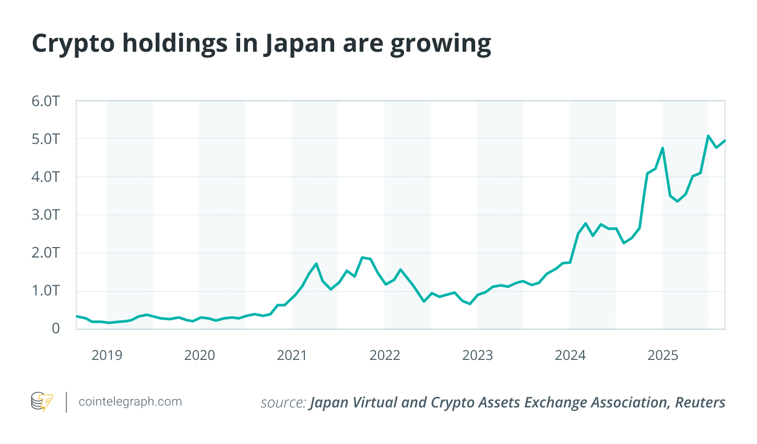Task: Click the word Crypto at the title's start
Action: point(73,44)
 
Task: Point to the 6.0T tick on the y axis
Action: point(46,101)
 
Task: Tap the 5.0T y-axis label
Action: point(46,139)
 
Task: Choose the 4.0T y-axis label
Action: point(46,177)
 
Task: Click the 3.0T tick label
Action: point(46,215)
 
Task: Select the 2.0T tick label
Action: point(46,253)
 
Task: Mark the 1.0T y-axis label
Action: point(46,290)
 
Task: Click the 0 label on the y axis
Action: point(55,329)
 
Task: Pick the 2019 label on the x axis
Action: point(107,356)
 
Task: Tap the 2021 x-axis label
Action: point(292,356)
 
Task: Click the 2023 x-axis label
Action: point(477,356)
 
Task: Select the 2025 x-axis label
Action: point(663,356)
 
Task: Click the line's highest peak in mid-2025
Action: point(708,136)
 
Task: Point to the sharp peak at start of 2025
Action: point(663,148)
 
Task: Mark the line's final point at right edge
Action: point(725,141)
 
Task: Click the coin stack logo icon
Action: point(42,402)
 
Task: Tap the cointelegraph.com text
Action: point(130,402)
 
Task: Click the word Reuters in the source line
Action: point(700,402)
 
